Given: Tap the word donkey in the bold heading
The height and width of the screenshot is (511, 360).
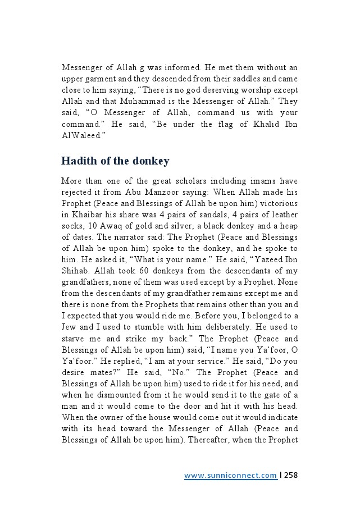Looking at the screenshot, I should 151,161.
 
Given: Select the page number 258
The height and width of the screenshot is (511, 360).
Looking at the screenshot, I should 290,476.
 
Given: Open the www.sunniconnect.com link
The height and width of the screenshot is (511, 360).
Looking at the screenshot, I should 231,476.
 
